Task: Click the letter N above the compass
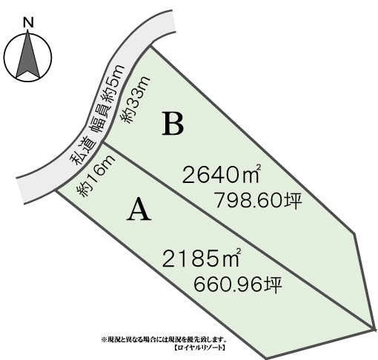pos(28,22)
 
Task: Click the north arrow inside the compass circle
pos(28,54)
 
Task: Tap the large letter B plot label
pos(173,124)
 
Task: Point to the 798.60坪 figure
pos(258,200)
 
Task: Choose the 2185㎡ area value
pos(201,258)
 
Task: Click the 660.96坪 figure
pos(238,284)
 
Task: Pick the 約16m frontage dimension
pos(96,176)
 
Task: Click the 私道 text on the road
pos(83,152)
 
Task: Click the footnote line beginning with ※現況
pos(164,339)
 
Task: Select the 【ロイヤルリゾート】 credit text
pos(199,347)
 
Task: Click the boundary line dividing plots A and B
pos(239,236)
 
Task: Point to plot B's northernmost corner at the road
pos(150,46)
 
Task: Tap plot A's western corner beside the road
pos(56,190)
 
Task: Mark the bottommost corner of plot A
pos(265,358)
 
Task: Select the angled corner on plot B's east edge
pos(355,233)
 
